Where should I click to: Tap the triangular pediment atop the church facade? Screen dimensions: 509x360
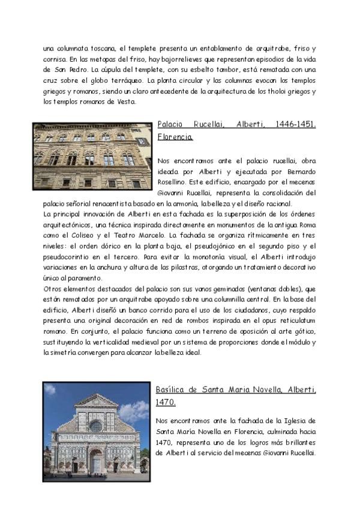pos(95,400)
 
